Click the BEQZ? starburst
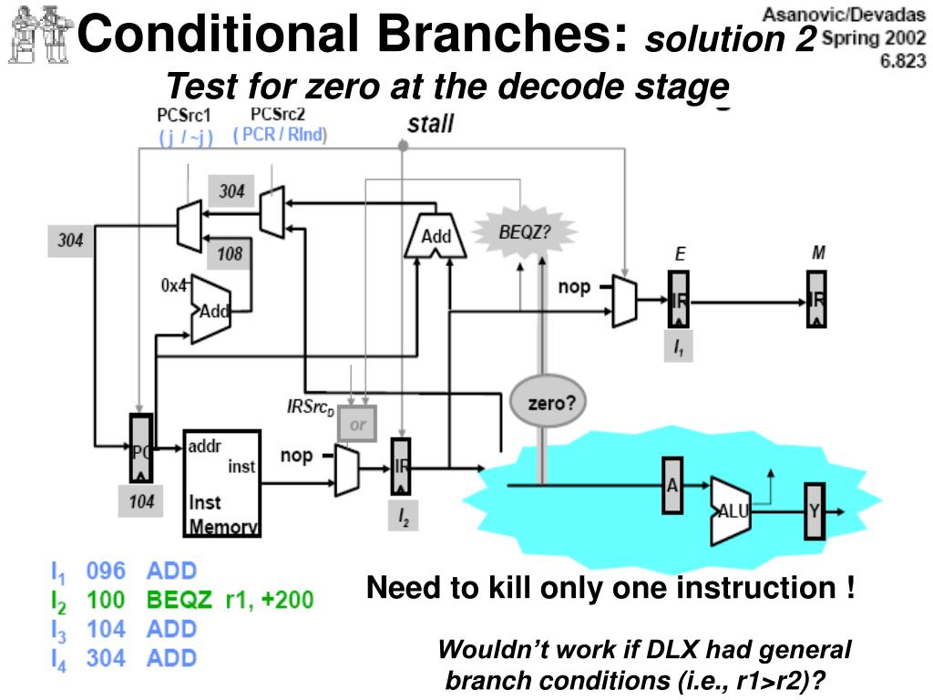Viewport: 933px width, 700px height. tap(525, 232)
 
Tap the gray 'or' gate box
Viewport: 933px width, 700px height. tap(356, 424)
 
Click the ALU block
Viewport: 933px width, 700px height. tap(732, 510)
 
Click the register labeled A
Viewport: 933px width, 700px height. tap(673, 486)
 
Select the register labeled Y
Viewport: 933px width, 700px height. tap(815, 511)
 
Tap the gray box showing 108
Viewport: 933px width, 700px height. tap(230, 254)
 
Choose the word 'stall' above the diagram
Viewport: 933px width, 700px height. tap(430, 124)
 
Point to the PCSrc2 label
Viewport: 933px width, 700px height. tap(278, 114)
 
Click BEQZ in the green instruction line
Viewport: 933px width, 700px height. tap(179, 600)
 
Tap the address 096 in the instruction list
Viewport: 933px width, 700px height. tap(105, 571)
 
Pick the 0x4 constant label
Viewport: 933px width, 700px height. tap(173, 285)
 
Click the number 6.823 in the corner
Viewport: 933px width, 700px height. tap(901, 61)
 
